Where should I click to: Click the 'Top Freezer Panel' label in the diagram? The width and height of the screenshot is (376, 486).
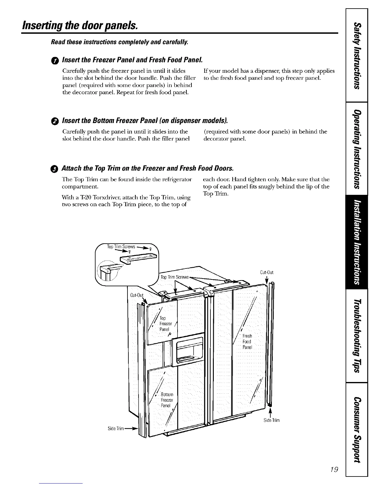[164, 324]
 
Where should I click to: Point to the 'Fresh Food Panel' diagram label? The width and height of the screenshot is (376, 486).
[247, 341]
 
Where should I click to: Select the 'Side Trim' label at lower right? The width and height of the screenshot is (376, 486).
[272, 420]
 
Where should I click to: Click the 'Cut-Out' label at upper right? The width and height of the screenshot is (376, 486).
[267, 272]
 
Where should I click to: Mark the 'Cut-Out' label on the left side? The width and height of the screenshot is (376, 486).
[137, 295]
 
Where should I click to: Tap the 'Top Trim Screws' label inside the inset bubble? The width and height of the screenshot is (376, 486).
[121, 247]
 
